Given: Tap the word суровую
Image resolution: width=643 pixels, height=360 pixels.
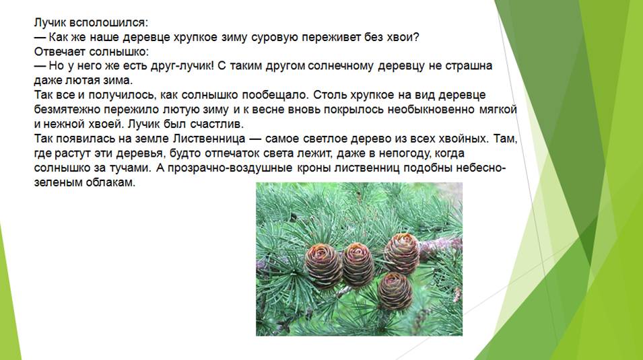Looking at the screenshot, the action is pyautogui.click(x=274, y=38).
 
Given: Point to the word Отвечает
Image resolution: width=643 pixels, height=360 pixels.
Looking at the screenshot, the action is pyautogui.click(x=60, y=52).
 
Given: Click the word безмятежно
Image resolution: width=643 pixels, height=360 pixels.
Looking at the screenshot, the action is pyautogui.click(x=67, y=110).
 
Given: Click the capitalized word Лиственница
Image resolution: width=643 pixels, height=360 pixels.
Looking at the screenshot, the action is pyautogui.click(x=209, y=139).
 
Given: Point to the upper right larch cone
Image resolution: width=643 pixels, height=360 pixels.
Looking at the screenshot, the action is pyautogui.click(x=401, y=253).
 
